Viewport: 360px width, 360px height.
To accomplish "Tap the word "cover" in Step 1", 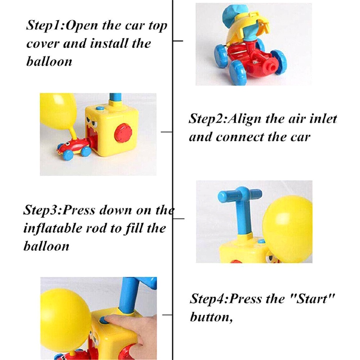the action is coord(42,44).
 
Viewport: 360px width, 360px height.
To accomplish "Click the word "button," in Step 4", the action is coord(211,317).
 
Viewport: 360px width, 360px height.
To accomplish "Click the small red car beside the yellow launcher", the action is coord(73,148).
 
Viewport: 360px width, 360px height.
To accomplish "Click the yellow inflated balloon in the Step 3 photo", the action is coord(287,229).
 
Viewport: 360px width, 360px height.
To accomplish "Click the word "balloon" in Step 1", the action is coord(49,62).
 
